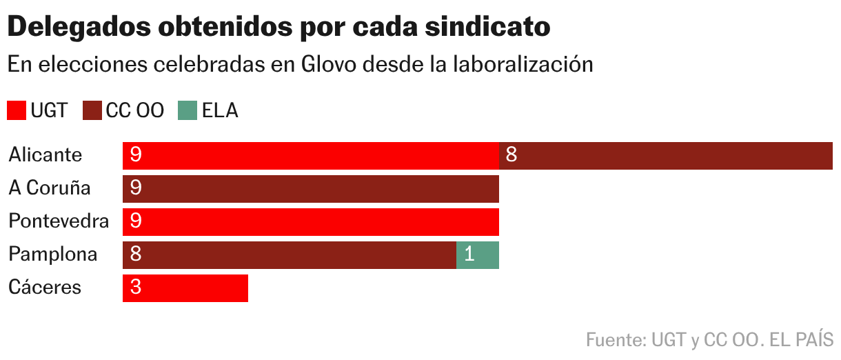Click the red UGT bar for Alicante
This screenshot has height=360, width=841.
click(x=310, y=155)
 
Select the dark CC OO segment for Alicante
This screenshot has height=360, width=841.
click(x=665, y=155)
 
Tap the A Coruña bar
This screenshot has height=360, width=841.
click(x=310, y=188)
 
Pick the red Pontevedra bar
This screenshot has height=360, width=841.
click(x=310, y=221)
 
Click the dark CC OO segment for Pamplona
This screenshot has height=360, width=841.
click(x=290, y=254)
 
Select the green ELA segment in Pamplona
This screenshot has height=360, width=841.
click(x=478, y=254)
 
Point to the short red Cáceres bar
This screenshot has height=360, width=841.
click(x=185, y=288)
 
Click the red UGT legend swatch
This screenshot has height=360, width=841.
click(x=17, y=110)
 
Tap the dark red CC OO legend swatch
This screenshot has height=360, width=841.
click(x=92, y=110)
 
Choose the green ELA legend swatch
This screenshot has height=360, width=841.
click(x=188, y=110)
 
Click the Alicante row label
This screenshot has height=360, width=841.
click(x=45, y=155)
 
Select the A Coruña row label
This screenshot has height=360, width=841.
click(x=50, y=188)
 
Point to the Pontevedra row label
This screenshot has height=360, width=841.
click(x=59, y=221)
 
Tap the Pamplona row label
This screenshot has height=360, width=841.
click(x=53, y=254)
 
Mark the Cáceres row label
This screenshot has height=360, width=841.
click(x=45, y=288)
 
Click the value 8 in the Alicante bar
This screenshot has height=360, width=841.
click(x=511, y=155)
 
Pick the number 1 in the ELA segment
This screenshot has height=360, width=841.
click(x=469, y=254)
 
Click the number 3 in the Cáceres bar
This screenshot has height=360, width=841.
click(x=136, y=288)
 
